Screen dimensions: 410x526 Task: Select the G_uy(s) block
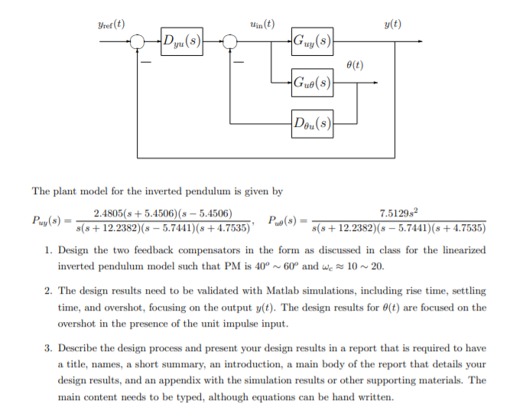[312, 41]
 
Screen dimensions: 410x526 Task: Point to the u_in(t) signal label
[262, 24]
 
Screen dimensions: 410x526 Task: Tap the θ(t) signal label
[354, 65]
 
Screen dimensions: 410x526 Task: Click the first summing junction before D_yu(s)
[137, 41]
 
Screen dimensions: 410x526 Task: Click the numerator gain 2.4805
[110, 213]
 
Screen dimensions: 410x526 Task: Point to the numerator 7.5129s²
[398, 213]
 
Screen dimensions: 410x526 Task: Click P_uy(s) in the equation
[47, 221]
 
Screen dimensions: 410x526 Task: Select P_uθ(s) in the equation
[284, 221]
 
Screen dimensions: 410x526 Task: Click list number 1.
[48, 250]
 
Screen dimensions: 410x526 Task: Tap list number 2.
[48, 291]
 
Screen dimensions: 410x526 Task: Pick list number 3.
[48, 348]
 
